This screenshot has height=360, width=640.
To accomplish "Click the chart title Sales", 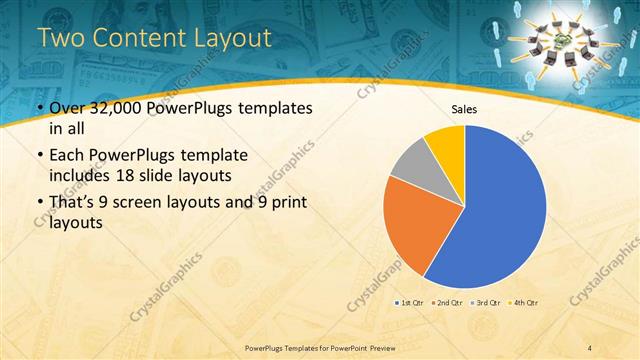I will (465, 109).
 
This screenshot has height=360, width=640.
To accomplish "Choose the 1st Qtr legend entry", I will (411, 301).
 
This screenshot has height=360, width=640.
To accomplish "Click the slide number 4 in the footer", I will (591, 347).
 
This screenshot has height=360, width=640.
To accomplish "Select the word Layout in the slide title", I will (235, 39).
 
